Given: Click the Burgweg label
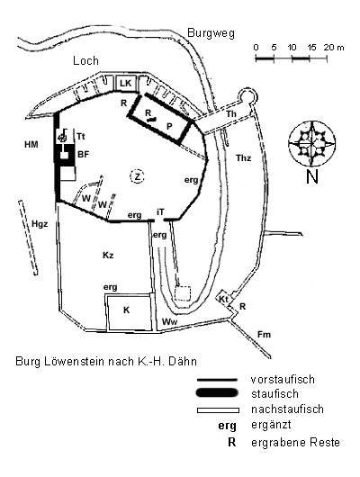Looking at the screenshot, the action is (x=211, y=33).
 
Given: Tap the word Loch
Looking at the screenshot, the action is (x=85, y=61).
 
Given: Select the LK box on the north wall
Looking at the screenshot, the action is (x=126, y=83).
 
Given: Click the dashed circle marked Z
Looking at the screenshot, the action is (x=137, y=176).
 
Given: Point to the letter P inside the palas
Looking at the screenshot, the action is (x=169, y=126).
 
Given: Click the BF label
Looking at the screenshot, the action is (x=84, y=154).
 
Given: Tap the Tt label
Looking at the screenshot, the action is (x=81, y=136).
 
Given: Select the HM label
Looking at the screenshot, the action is (x=31, y=144).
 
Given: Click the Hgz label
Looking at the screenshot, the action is (x=40, y=224).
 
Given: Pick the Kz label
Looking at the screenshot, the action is (x=108, y=255).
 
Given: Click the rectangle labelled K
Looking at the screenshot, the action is (x=129, y=311).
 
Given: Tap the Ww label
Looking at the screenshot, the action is (x=169, y=321).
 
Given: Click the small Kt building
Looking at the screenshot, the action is (x=224, y=299).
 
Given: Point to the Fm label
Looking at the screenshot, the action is (x=264, y=335).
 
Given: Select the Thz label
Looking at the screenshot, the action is (x=244, y=158).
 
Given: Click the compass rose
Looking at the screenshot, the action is (x=312, y=144).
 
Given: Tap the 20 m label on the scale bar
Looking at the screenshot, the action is (x=334, y=48).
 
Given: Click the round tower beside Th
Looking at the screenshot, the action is (x=247, y=96).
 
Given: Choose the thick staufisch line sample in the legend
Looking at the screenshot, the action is (x=217, y=393).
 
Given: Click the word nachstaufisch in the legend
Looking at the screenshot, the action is (x=287, y=409).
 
